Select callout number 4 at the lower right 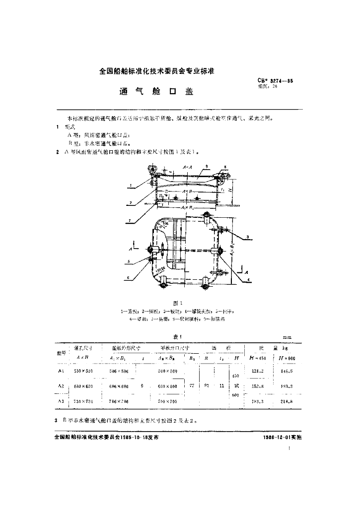(248, 280)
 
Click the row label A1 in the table (61, 371)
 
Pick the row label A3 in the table (61, 400)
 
